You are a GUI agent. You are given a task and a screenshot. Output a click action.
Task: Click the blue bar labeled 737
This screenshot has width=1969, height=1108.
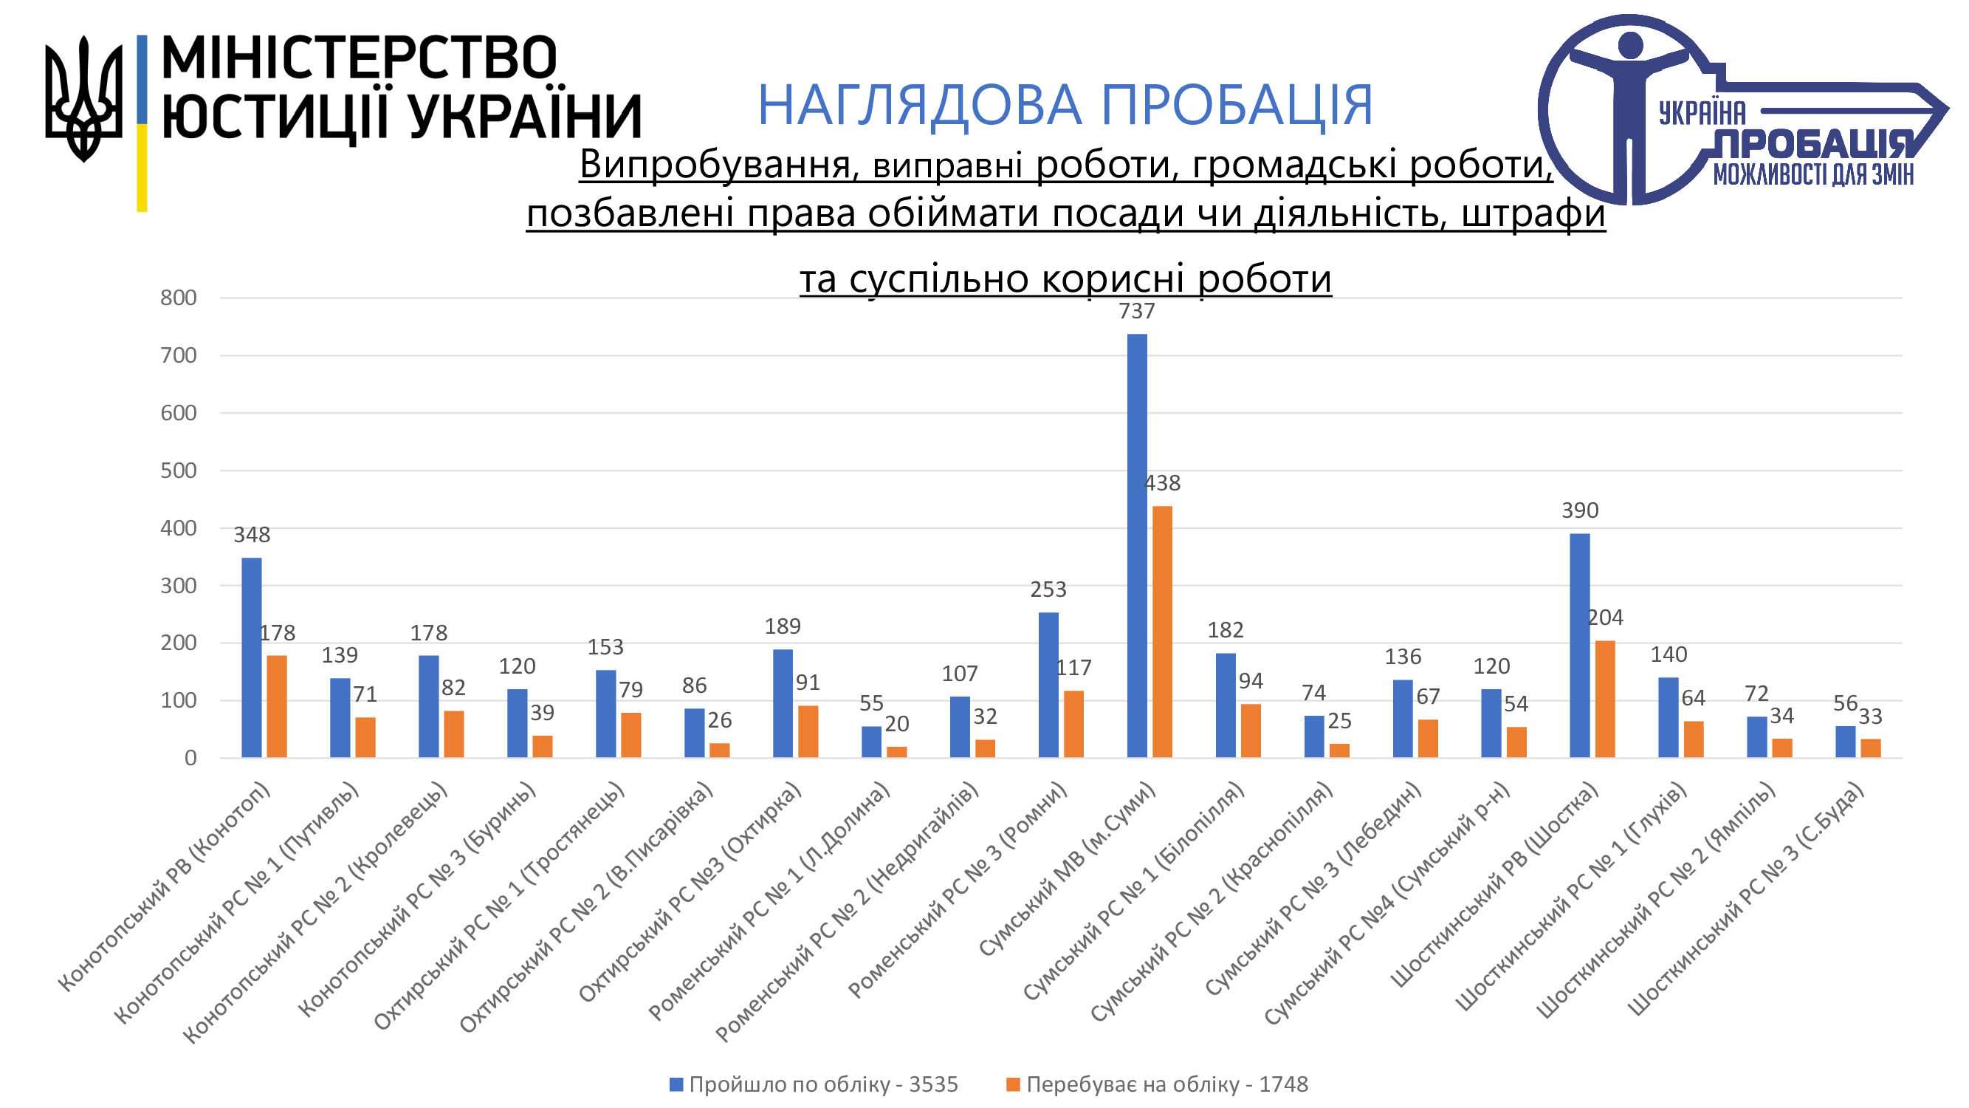tap(1137, 545)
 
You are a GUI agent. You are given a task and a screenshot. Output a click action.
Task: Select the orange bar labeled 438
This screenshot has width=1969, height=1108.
tap(1162, 632)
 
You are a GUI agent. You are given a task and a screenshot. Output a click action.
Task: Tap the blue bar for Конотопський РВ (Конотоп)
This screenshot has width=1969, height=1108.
tap(252, 657)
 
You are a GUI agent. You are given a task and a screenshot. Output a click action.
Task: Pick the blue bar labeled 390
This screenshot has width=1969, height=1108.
tap(1579, 646)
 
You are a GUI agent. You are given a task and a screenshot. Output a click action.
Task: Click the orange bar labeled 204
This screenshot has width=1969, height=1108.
tap(1604, 699)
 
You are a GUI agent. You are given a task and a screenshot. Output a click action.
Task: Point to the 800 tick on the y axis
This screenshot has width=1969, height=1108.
tap(178, 298)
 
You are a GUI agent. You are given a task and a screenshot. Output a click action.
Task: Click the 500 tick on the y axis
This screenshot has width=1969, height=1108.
tap(178, 471)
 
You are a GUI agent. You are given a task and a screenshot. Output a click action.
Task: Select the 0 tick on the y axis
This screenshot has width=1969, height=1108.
tap(190, 759)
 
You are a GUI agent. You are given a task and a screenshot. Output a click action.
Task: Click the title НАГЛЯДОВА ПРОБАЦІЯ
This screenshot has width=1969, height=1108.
tap(1065, 105)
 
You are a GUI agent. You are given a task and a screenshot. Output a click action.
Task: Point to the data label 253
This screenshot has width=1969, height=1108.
tap(1048, 589)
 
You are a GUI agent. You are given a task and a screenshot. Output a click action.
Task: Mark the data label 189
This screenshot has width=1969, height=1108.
tap(783, 627)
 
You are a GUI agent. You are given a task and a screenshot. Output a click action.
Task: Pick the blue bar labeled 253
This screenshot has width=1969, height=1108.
tap(1048, 685)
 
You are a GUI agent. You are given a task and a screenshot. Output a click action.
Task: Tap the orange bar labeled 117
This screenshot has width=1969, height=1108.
tap(1073, 724)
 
